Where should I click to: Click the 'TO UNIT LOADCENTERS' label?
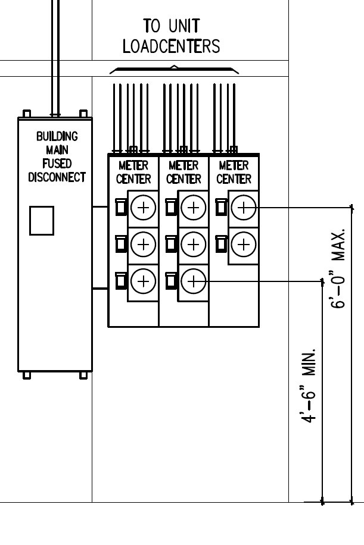coord(171,36)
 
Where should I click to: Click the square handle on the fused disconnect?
coord(42,220)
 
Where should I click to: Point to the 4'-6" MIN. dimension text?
coord(309,387)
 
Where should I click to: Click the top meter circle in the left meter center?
coord(143,207)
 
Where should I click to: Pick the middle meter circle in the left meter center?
coord(143,243)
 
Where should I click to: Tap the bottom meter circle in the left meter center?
coord(143,280)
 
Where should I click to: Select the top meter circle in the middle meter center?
coord(193,207)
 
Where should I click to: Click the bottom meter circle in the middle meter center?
coord(193,280)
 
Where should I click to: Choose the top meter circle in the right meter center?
coord(243,207)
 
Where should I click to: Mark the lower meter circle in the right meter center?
coord(243,243)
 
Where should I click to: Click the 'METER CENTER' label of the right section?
coord(234,172)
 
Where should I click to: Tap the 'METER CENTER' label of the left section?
coord(133,172)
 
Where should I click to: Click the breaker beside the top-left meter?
coord(120,206)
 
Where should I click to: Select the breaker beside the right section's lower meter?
coord(220,243)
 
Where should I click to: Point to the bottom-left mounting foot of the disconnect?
coord(26,375)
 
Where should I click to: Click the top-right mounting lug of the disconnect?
coord(83,113)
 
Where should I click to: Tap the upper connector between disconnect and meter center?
coord(100,207)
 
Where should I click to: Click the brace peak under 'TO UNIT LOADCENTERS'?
coord(174,66)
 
